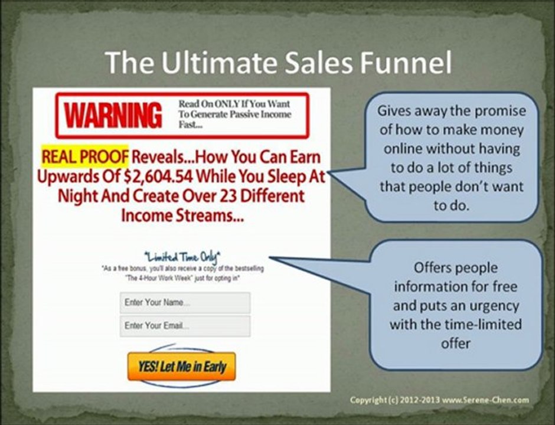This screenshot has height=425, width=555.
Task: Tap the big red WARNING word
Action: (x=112, y=115)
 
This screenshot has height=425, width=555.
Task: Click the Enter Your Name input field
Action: (x=185, y=302)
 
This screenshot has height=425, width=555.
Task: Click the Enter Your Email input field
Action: (x=185, y=326)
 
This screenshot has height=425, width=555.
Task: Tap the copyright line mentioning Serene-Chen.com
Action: (x=439, y=400)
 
